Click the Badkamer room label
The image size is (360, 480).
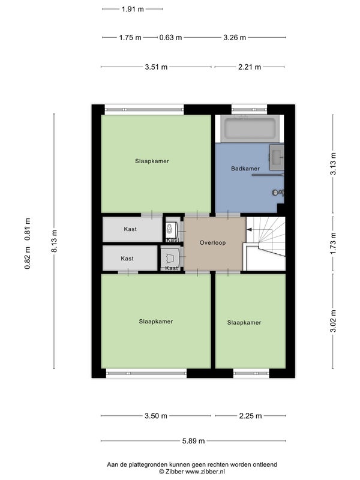[245, 169]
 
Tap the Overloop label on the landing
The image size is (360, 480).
[212, 243]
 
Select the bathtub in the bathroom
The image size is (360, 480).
[250, 129]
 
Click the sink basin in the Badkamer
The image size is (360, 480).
[277, 157]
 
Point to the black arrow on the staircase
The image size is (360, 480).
[249, 230]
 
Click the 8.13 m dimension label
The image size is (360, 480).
[54, 241]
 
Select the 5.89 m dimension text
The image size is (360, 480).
[193, 441]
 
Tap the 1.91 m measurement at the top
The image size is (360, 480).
[133, 9]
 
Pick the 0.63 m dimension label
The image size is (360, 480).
[170, 38]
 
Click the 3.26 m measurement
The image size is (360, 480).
[235, 38]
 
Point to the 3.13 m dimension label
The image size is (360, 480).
[333, 164]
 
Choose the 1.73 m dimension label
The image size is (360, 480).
[333, 244]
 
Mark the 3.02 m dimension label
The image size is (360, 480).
[333, 321]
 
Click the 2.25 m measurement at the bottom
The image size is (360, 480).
[250, 416]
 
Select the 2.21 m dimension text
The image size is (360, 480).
[250, 67]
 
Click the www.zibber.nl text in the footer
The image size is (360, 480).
[205, 472]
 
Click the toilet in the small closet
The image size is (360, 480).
[170, 228]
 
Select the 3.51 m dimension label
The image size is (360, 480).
[156, 67]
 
